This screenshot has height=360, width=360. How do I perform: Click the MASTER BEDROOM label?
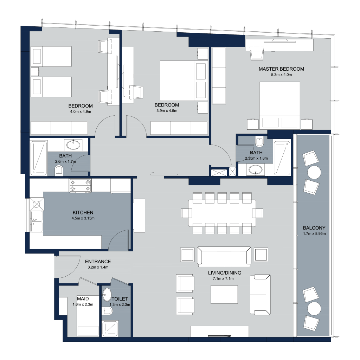[x=281, y=69]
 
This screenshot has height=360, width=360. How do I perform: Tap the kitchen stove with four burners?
[x=80, y=186]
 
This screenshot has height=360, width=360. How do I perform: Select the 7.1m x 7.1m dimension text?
[x=223, y=278]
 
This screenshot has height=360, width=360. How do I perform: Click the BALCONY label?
[x=314, y=228]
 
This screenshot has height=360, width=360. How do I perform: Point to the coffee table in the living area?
[x=224, y=295]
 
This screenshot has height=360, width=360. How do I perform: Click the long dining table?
[x=222, y=213]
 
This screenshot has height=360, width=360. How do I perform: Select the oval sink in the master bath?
[x=256, y=170]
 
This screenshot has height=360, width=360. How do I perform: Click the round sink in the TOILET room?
[x=107, y=295]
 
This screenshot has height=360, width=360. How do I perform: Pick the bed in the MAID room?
[x=88, y=316]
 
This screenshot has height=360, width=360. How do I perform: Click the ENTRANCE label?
[x=98, y=262]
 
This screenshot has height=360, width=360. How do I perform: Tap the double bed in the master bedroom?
[x=279, y=105]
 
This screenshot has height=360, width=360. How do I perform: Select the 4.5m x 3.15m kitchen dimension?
[x=83, y=218]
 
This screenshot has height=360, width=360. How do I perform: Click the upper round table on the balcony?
[x=314, y=172]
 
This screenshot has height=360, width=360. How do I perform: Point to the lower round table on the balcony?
[x=314, y=308]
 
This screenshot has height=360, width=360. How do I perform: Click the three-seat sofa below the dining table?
[x=224, y=257]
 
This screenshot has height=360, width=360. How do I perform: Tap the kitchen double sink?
[x=37, y=221]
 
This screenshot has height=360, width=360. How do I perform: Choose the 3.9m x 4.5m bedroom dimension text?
[x=167, y=111]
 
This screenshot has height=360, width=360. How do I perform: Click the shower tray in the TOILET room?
[x=110, y=329]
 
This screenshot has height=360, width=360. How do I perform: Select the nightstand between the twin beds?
[x=35, y=72]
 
